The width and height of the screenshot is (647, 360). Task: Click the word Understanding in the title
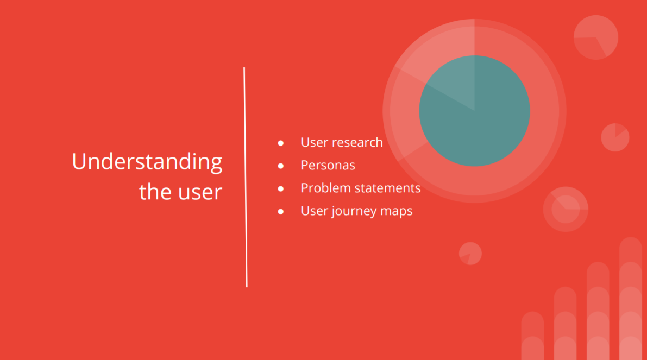(147, 162)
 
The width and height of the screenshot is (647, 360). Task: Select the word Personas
(328, 166)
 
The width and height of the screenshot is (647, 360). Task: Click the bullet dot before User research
(281, 143)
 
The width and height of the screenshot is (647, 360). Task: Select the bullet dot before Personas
(281, 166)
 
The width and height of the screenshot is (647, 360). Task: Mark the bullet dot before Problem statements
(281, 188)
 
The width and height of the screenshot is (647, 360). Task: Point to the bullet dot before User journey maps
(281, 212)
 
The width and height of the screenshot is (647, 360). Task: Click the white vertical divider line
(246, 177)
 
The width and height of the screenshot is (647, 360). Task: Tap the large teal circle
(475, 111)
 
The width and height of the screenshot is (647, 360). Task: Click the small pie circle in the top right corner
(596, 37)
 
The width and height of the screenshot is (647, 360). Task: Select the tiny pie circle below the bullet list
(470, 253)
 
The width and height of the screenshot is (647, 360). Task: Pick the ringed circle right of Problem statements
(566, 209)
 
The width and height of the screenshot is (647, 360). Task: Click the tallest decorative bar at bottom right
(631, 299)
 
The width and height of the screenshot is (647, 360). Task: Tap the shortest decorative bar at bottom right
(532, 336)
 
